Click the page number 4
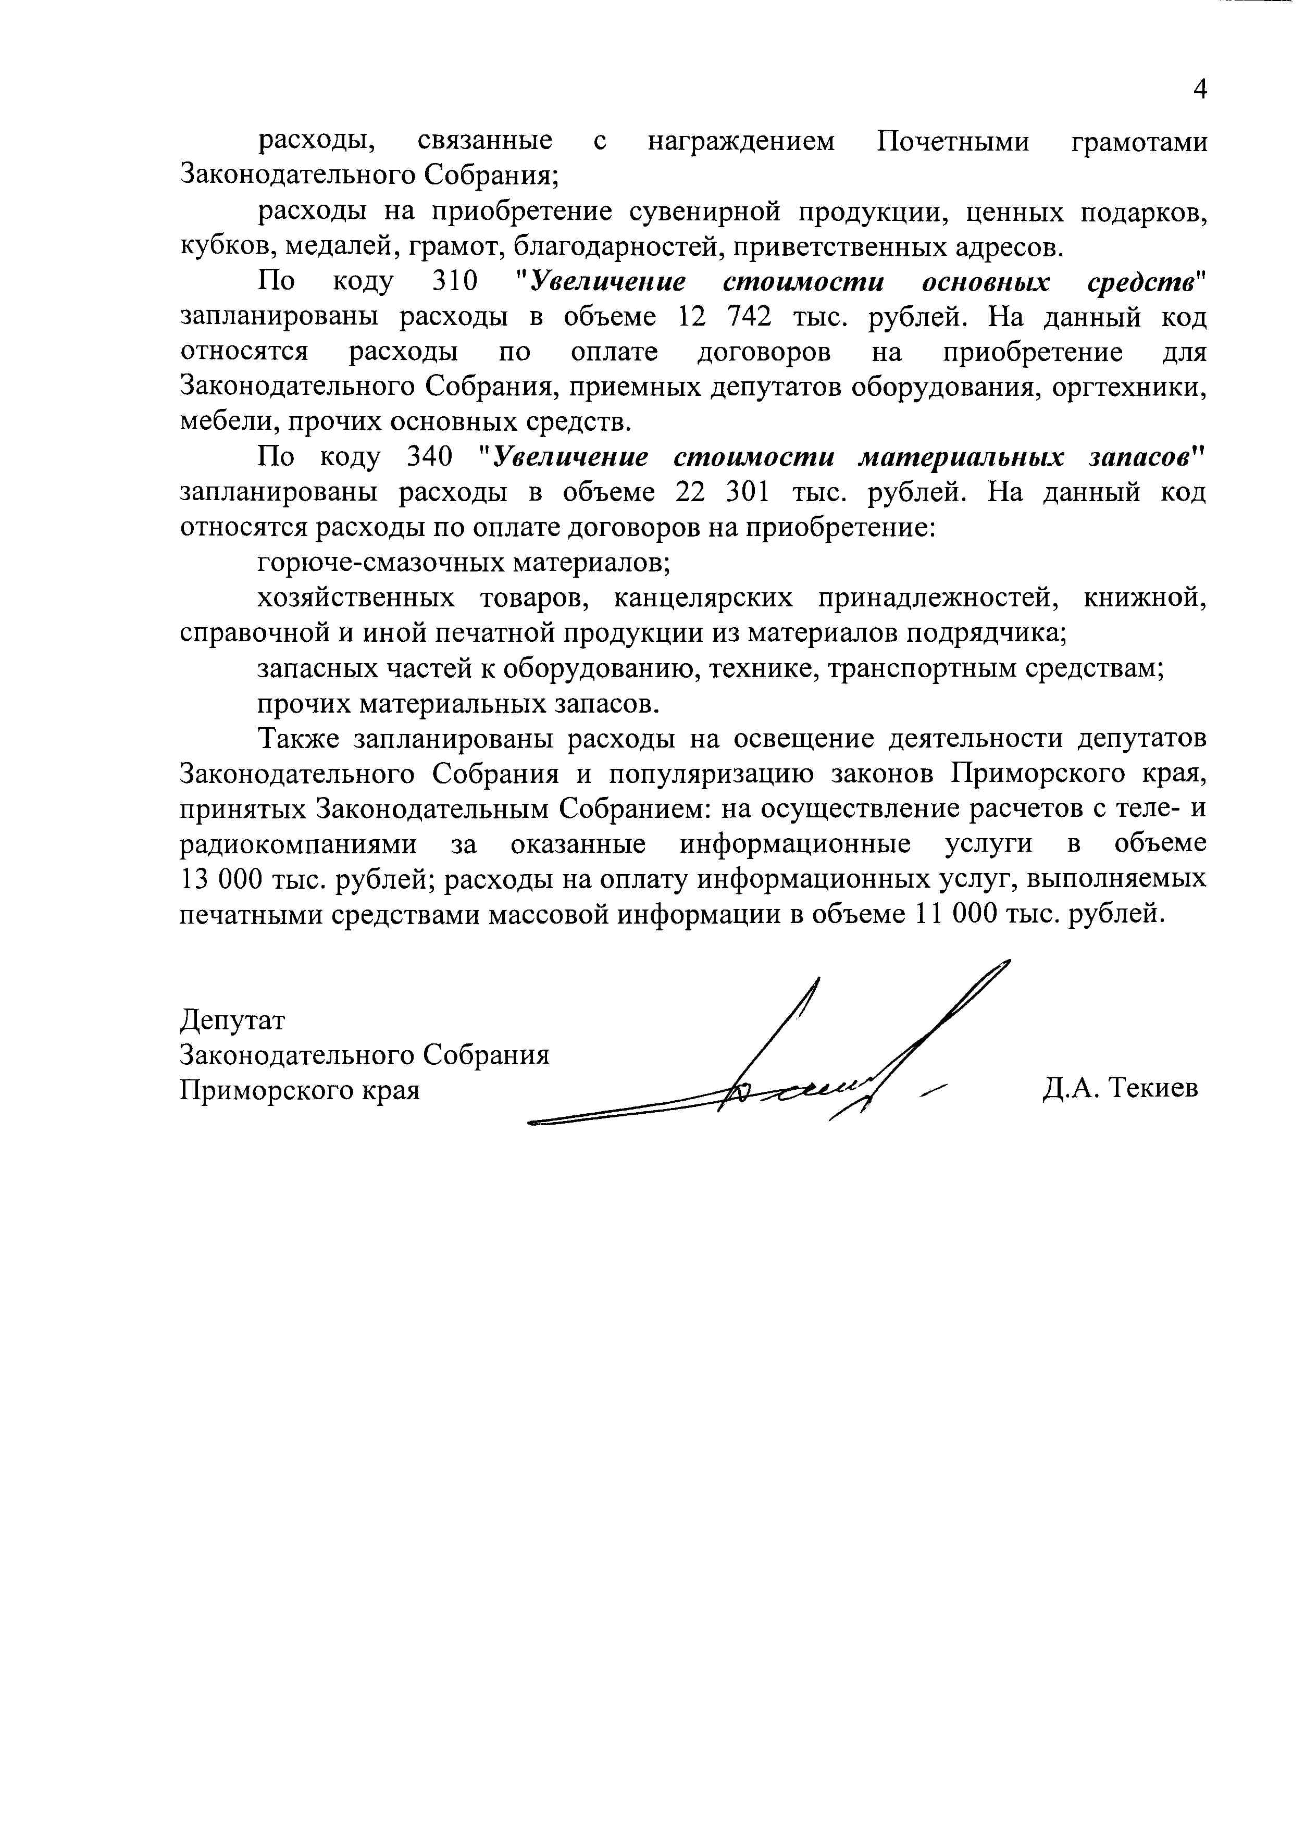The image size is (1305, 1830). [x=1200, y=89]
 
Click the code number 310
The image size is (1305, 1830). [x=456, y=282]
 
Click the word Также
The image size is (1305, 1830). [x=296, y=738]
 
